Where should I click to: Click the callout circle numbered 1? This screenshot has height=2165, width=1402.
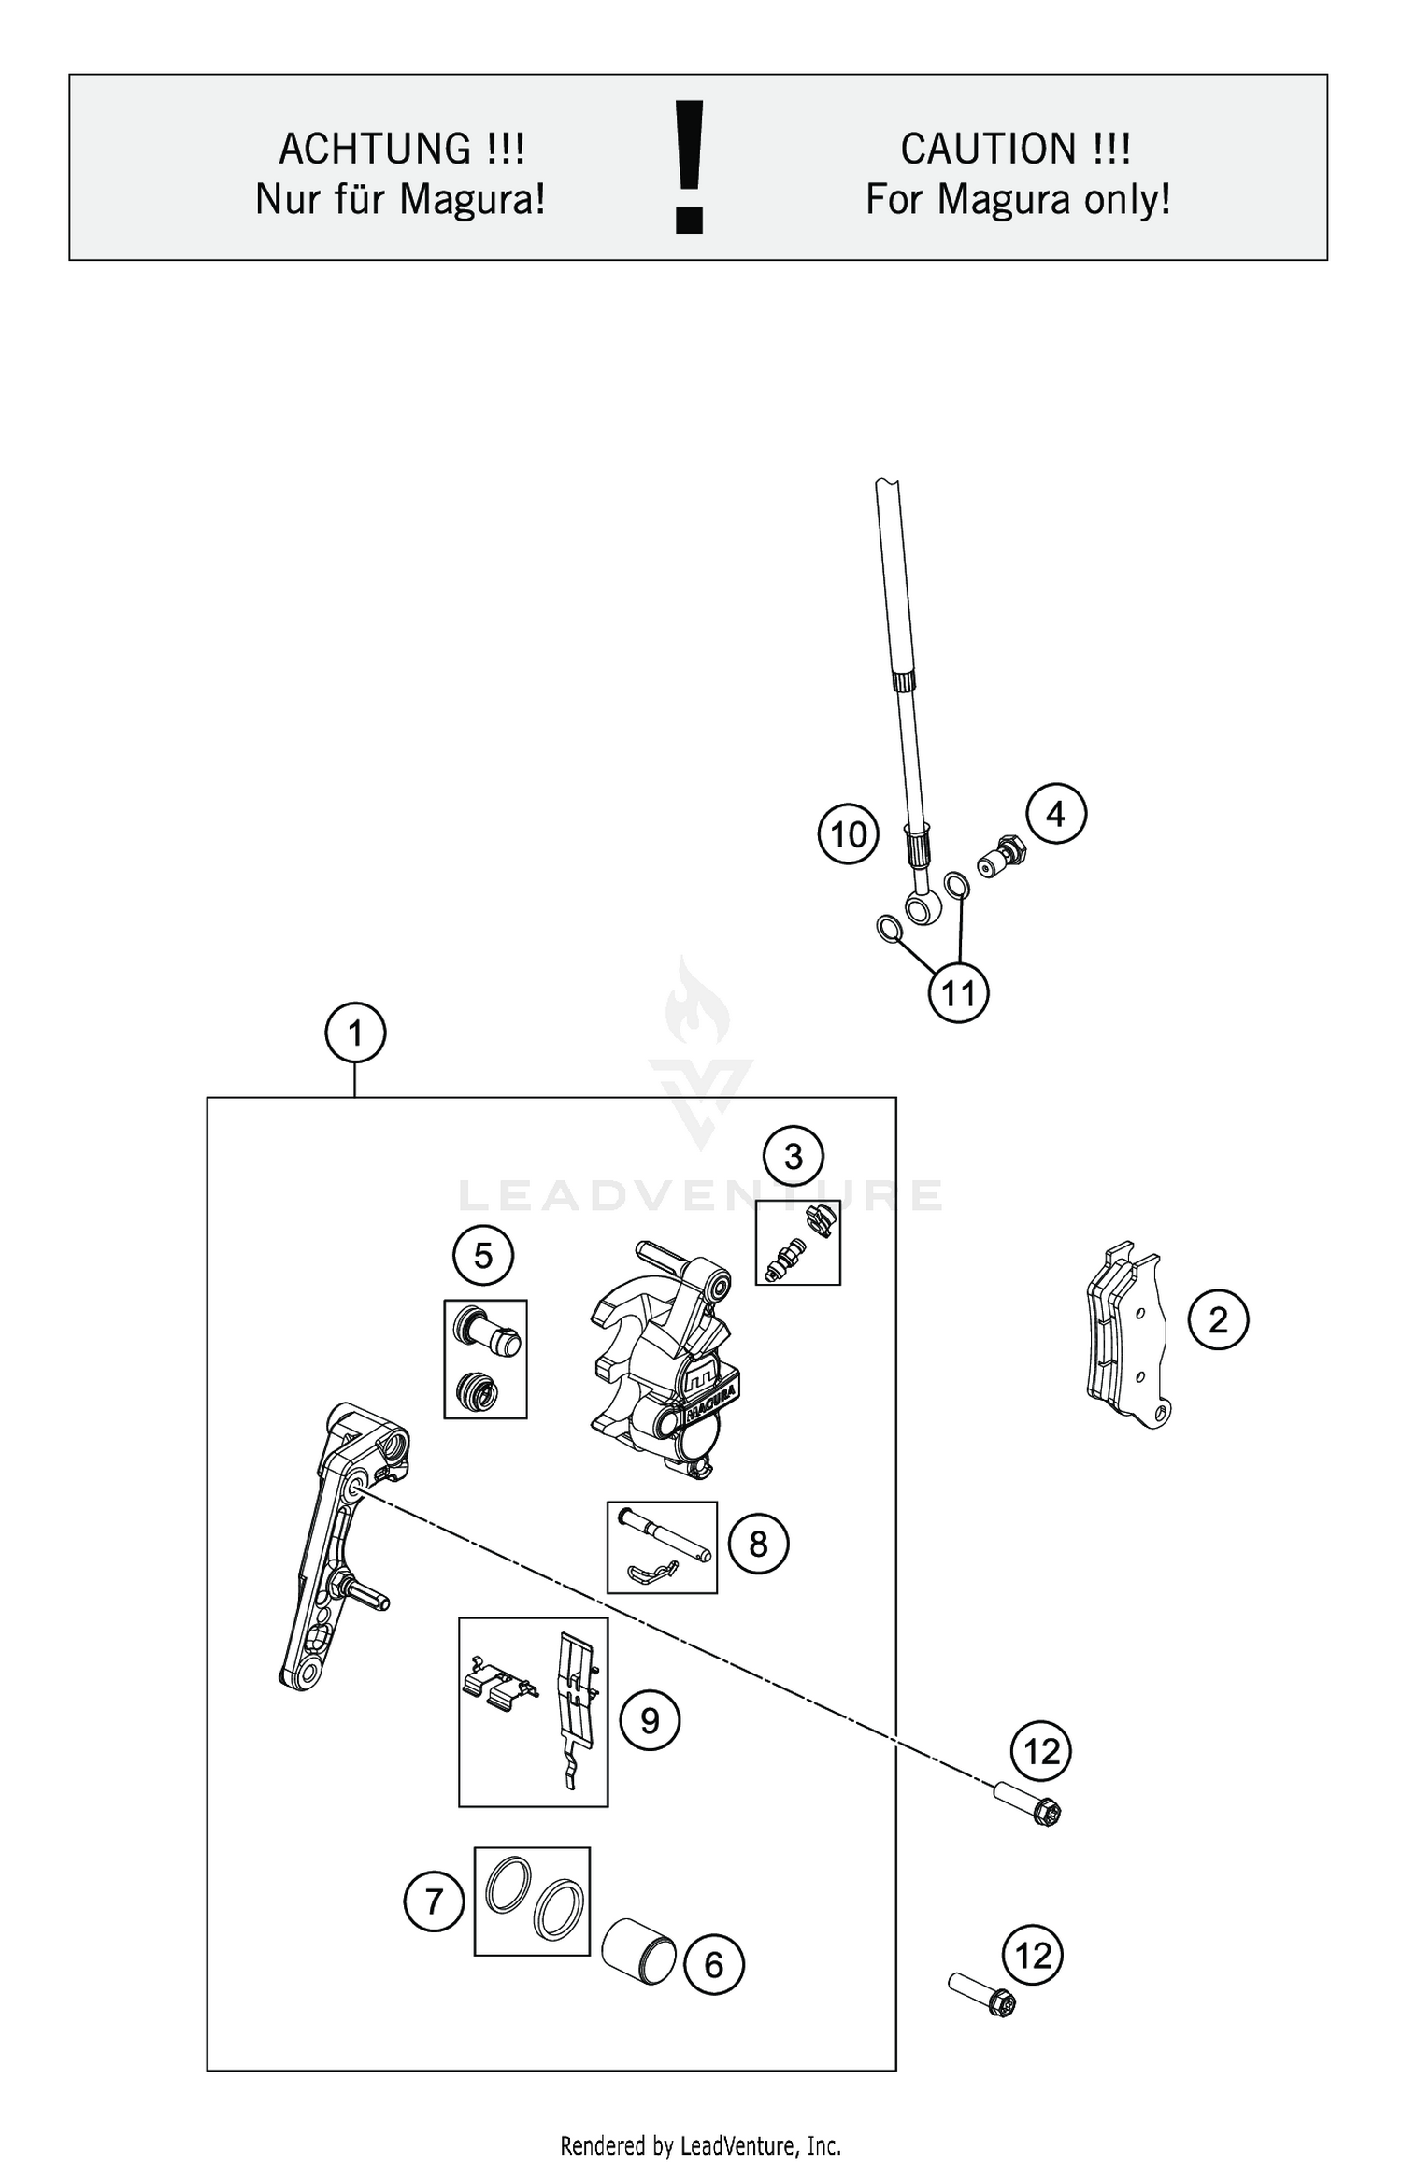pos(355,1033)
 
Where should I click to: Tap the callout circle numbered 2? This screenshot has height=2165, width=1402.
pos(1218,1320)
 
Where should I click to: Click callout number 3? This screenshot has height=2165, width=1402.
pos(794,1157)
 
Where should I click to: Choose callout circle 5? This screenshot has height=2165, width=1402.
pos(483,1256)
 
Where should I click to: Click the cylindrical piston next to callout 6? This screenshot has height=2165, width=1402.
pos(638,1952)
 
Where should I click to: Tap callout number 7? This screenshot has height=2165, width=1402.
pos(434,1901)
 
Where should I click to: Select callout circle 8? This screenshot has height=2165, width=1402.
pos(758,1544)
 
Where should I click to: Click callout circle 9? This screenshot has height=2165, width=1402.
pos(651,1720)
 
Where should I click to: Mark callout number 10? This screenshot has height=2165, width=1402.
pos(849,834)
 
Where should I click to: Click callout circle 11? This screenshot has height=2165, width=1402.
pos(958,992)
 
